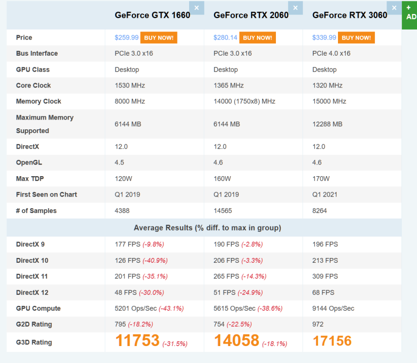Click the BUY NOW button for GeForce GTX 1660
(x=159, y=38)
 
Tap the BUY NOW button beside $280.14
(x=257, y=38)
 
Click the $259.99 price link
(x=127, y=38)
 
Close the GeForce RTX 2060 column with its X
(x=295, y=8)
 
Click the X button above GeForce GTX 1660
(x=196, y=8)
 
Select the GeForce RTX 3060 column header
(x=350, y=15)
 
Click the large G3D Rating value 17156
(x=332, y=341)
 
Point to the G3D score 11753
(x=137, y=341)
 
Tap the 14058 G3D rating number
(x=236, y=341)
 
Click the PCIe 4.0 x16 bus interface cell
(x=331, y=54)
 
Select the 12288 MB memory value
(x=327, y=124)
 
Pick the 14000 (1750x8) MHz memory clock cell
(x=244, y=102)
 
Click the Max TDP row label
(x=30, y=179)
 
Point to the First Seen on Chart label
(x=47, y=195)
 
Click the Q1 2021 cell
(x=325, y=195)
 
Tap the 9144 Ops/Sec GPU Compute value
(x=333, y=309)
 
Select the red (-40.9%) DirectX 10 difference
(x=155, y=261)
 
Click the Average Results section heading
(x=207, y=228)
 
